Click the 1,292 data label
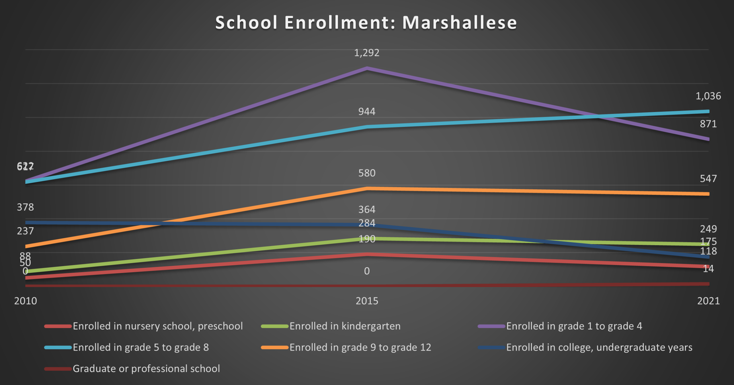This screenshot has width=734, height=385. click(x=367, y=53)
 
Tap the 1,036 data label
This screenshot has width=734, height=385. click(x=708, y=96)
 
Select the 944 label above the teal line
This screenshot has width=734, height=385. click(x=367, y=111)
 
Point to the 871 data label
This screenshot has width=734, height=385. click(x=708, y=124)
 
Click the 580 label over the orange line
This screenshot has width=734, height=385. click(x=367, y=173)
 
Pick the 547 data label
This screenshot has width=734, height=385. click(x=708, y=178)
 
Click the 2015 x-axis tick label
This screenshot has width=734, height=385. click(x=367, y=301)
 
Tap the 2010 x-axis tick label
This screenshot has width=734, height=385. click(x=26, y=301)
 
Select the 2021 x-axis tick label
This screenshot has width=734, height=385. click(x=708, y=301)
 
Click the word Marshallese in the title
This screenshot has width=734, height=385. click(x=460, y=23)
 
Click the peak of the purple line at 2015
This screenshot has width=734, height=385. click(x=367, y=68)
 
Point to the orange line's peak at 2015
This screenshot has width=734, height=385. click(x=367, y=188)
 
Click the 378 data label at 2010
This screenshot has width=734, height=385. click(x=25, y=207)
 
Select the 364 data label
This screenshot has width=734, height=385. click(x=367, y=209)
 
